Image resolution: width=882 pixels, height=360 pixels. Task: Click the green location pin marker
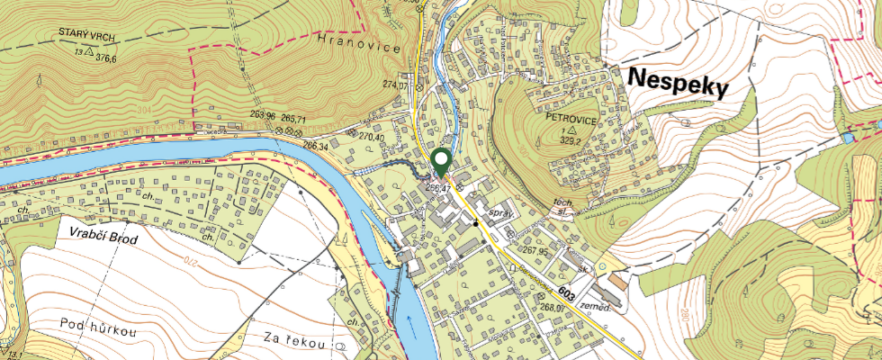441,161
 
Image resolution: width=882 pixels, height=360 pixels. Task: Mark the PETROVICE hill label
571,118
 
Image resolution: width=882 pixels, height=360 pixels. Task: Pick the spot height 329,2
572,140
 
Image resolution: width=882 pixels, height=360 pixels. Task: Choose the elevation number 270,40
372,138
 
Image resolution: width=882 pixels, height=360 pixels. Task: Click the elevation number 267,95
535,252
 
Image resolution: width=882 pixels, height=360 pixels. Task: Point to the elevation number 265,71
294,119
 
